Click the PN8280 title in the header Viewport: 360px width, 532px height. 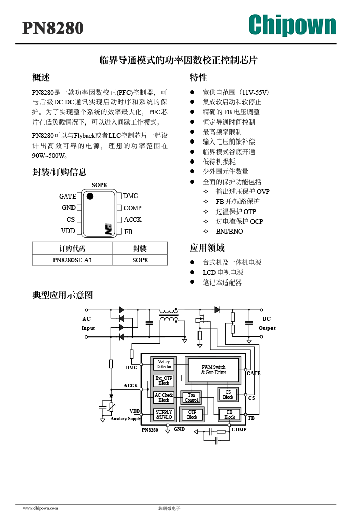[53, 28]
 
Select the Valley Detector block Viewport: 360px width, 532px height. [164, 364]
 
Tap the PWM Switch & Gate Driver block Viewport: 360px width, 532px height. [213, 369]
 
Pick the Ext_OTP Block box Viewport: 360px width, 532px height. [164, 381]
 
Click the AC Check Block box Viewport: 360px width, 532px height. [164, 397]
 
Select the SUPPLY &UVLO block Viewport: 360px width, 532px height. [164, 414]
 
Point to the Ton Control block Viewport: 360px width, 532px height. [191, 398]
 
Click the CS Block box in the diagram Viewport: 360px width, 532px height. [228, 395]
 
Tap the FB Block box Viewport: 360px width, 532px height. [229, 414]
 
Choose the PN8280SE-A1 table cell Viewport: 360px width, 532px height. [73, 260]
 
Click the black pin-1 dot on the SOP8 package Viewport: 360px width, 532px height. [90, 196]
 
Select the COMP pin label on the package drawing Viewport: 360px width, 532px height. [133, 208]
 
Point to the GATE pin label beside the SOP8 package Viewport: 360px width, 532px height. [67, 196]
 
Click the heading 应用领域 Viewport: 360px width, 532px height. [207, 248]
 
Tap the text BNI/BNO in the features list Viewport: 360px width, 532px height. [229, 232]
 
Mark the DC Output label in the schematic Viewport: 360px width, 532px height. [266, 324]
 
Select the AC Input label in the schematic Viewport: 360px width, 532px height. [87, 324]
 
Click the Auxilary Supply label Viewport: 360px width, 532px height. [125, 419]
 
